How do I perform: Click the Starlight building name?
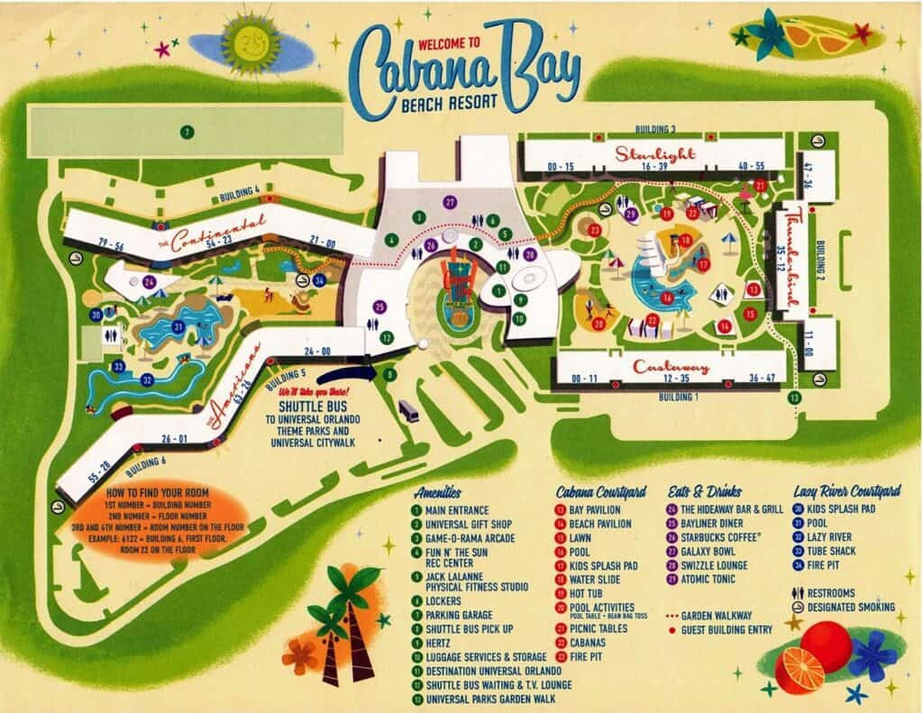coord(655,153)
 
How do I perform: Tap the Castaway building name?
coord(672,367)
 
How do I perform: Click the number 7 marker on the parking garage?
coord(186,133)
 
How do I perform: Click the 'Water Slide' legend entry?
coord(603,580)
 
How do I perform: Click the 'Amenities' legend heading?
coord(440,492)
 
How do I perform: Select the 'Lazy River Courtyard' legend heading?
coord(846,492)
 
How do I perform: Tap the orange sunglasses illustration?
coord(816,37)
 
